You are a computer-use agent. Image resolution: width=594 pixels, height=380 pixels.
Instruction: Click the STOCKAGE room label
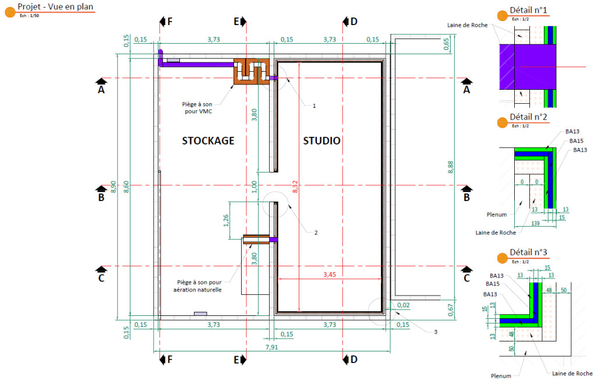[x=208, y=140]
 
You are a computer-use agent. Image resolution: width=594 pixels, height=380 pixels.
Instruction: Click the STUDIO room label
[x=322, y=140]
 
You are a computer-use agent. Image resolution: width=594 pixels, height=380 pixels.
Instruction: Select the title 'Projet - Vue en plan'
[x=55, y=6]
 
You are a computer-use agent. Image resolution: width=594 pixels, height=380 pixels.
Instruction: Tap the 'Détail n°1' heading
[x=528, y=10]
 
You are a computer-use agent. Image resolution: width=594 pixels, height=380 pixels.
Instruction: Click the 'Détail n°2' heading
[x=528, y=117]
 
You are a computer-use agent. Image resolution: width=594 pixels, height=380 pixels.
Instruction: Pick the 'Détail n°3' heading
[x=528, y=252]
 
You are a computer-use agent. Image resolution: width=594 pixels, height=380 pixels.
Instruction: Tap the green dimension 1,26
[x=226, y=220]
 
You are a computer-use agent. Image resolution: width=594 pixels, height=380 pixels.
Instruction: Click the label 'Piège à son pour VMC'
[x=197, y=108]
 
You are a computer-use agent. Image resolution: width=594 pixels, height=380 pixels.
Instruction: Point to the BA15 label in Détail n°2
[x=576, y=141]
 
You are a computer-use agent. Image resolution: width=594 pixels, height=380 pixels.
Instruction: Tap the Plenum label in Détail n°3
[x=500, y=376]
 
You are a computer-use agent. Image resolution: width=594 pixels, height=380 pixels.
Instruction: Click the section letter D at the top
[x=353, y=22]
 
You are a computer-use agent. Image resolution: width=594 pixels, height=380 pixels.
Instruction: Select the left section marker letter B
[x=101, y=198]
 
